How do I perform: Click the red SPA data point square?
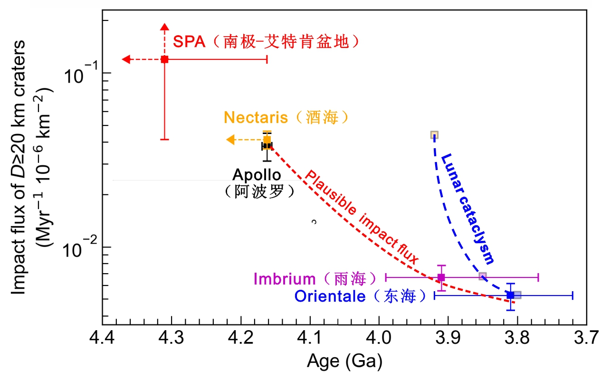[164, 59]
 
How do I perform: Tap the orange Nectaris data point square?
[267, 140]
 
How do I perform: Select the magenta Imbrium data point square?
[441, 277]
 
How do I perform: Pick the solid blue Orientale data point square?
[510, 295]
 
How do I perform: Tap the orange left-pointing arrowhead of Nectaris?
[230, 140]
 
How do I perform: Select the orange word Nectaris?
[256, 117]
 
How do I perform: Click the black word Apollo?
[257, 174]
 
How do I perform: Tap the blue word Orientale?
[330, 296]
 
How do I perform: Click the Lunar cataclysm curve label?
[467, 209]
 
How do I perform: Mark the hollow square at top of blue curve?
[434, 135]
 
